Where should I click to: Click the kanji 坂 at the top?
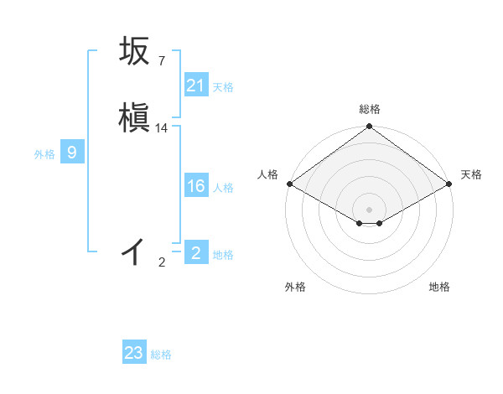coord(134,51)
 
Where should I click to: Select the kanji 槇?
coord(134,118)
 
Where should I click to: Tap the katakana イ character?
coord(134,251)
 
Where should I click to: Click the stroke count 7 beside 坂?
coord(161,61)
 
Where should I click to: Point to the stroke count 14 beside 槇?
coord(162,128)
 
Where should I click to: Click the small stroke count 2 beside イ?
coord(162,262)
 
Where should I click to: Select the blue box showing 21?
coord(195,86)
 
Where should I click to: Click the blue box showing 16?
coord(195,186)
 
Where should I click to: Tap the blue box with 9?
coord(72,153)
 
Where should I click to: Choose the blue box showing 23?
coord(134,353)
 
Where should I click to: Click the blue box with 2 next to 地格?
coord(195,253)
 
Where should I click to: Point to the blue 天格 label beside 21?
coord(223,86)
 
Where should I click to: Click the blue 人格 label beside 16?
coord(223,187)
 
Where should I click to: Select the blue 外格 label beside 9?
coord(44,154)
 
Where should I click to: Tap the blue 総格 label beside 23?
coord(161,355)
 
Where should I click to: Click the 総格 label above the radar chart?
coord(369,109)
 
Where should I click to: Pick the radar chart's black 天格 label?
coord(471,174)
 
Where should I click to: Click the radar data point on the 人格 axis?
coord(289,184)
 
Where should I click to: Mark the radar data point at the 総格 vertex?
coord(369,127)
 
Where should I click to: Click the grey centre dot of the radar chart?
coord(369,210)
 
